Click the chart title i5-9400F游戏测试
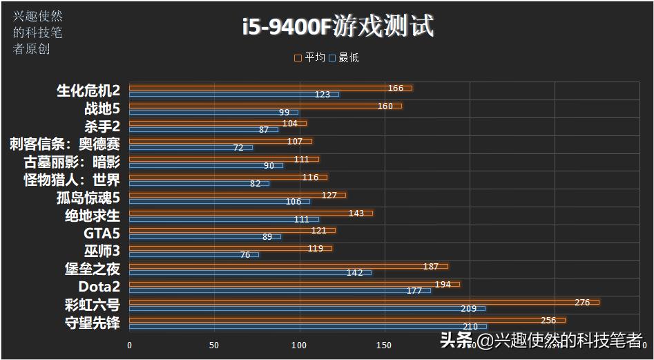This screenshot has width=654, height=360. click(338, 27)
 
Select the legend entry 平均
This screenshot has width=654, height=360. click(309, 57)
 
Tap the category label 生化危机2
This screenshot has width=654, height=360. click(88, 91)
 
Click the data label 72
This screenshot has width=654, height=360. click(238, 147)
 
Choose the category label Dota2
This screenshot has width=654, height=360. click(99, 287)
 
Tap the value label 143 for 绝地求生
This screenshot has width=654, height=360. click(356, 213)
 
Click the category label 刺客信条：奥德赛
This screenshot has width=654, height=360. click(64, 144)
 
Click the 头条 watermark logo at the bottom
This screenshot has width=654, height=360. click(456, 340)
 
